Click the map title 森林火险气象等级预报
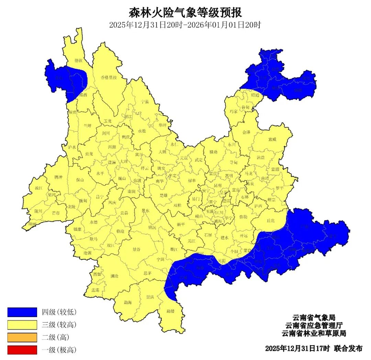[x=185, y=12]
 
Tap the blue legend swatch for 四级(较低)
[x=22, y=312]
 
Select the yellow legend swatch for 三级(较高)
[x=22, y=325]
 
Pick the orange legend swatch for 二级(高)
[x=22, y=337]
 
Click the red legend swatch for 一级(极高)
[x=22, y=350]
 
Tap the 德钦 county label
[x=78, y=61]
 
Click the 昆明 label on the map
[x=217, y=185]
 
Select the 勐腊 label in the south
[x=170, y=311]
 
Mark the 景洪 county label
[x=150, y=297]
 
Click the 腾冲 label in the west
[x=59, y=177]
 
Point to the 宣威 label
[x=272, y=139]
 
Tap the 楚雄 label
[x=164, y=195]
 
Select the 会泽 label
[x=246, y=132]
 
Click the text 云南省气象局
[x=313, y=317]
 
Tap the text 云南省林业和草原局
[x=313, y=333]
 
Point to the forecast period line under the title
[x=185, y=25]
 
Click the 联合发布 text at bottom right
[x=348, y=348]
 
